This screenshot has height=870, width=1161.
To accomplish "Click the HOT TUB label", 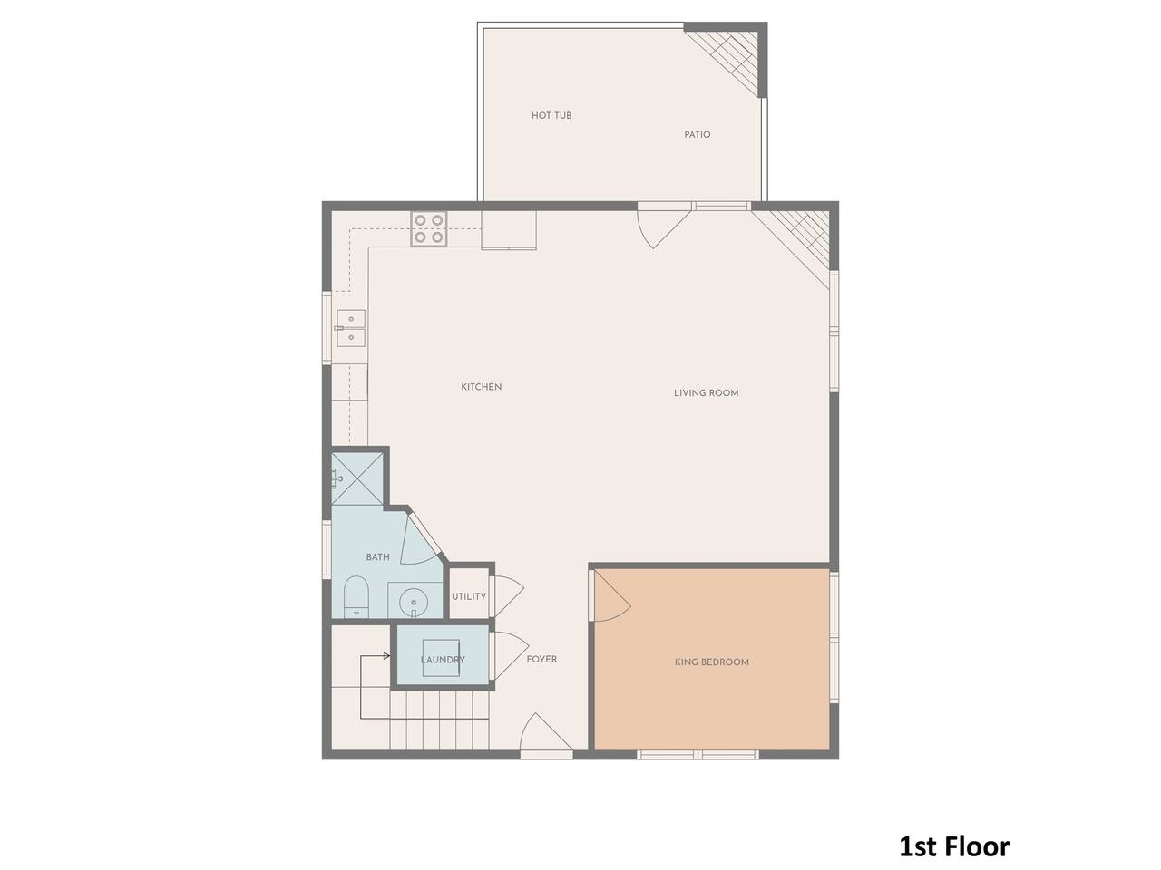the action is point(551,115).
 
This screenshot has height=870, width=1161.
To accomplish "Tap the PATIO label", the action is point(698,135).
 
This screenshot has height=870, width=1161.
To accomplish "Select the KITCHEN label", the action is point(482,387).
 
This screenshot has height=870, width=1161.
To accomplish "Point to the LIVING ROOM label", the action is point(706,393).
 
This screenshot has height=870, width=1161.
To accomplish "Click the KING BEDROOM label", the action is point(711,662).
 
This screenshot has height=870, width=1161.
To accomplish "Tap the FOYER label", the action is point(541,659).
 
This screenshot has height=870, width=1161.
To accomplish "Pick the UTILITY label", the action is point(469,596).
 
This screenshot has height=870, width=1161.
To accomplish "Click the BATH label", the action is point(377,556).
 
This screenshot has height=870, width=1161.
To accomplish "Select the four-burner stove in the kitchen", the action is point(429,228).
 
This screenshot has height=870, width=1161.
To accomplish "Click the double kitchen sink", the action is point(351,328).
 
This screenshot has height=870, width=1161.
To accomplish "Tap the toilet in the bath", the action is point(356,596).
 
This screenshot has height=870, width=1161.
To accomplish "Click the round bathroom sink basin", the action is point(414,602).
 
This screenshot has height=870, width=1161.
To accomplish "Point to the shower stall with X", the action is point(357,478).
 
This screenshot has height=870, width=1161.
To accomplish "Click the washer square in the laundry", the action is point(441,658).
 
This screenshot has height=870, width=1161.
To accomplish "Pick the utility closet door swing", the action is point(507,595).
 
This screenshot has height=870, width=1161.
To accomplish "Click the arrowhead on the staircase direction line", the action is point(387,656).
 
